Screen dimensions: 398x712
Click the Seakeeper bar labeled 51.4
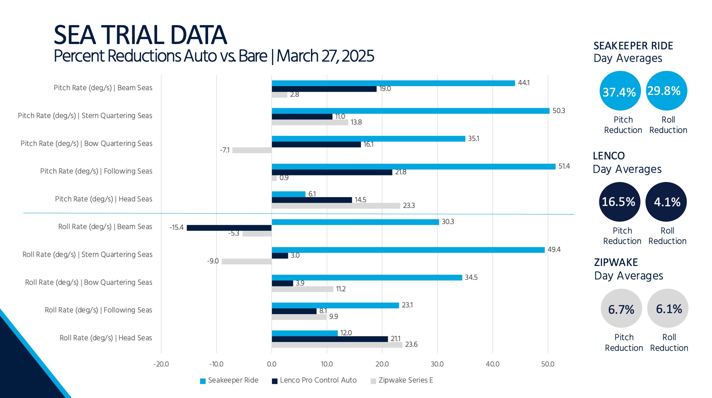click(413, 167)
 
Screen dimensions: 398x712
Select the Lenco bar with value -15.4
click(229, 228)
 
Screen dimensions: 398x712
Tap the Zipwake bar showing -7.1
click(252, 150)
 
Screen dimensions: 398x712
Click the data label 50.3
click(559, 111)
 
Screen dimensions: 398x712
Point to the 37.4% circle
click(620, 91)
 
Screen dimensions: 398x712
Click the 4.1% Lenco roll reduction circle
click(666, 202)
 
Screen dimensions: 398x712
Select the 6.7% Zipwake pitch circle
click(621, 309)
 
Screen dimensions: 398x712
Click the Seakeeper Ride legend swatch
click(203, 381)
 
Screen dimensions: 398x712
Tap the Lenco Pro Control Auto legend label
click(318, 380)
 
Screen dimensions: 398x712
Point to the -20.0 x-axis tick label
click(161, 364)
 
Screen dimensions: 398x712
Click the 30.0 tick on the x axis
click(437, 364)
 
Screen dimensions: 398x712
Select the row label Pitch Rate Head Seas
click(104, 199)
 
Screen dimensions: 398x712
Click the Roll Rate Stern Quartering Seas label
click(87, 254)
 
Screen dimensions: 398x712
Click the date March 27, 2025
click(325, 56)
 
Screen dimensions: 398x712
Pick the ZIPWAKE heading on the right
click(616, 262)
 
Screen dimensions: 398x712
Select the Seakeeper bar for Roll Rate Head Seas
click(304, 333)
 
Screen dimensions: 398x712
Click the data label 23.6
click(411, 345)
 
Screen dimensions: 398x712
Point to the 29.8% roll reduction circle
click(666, 91)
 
